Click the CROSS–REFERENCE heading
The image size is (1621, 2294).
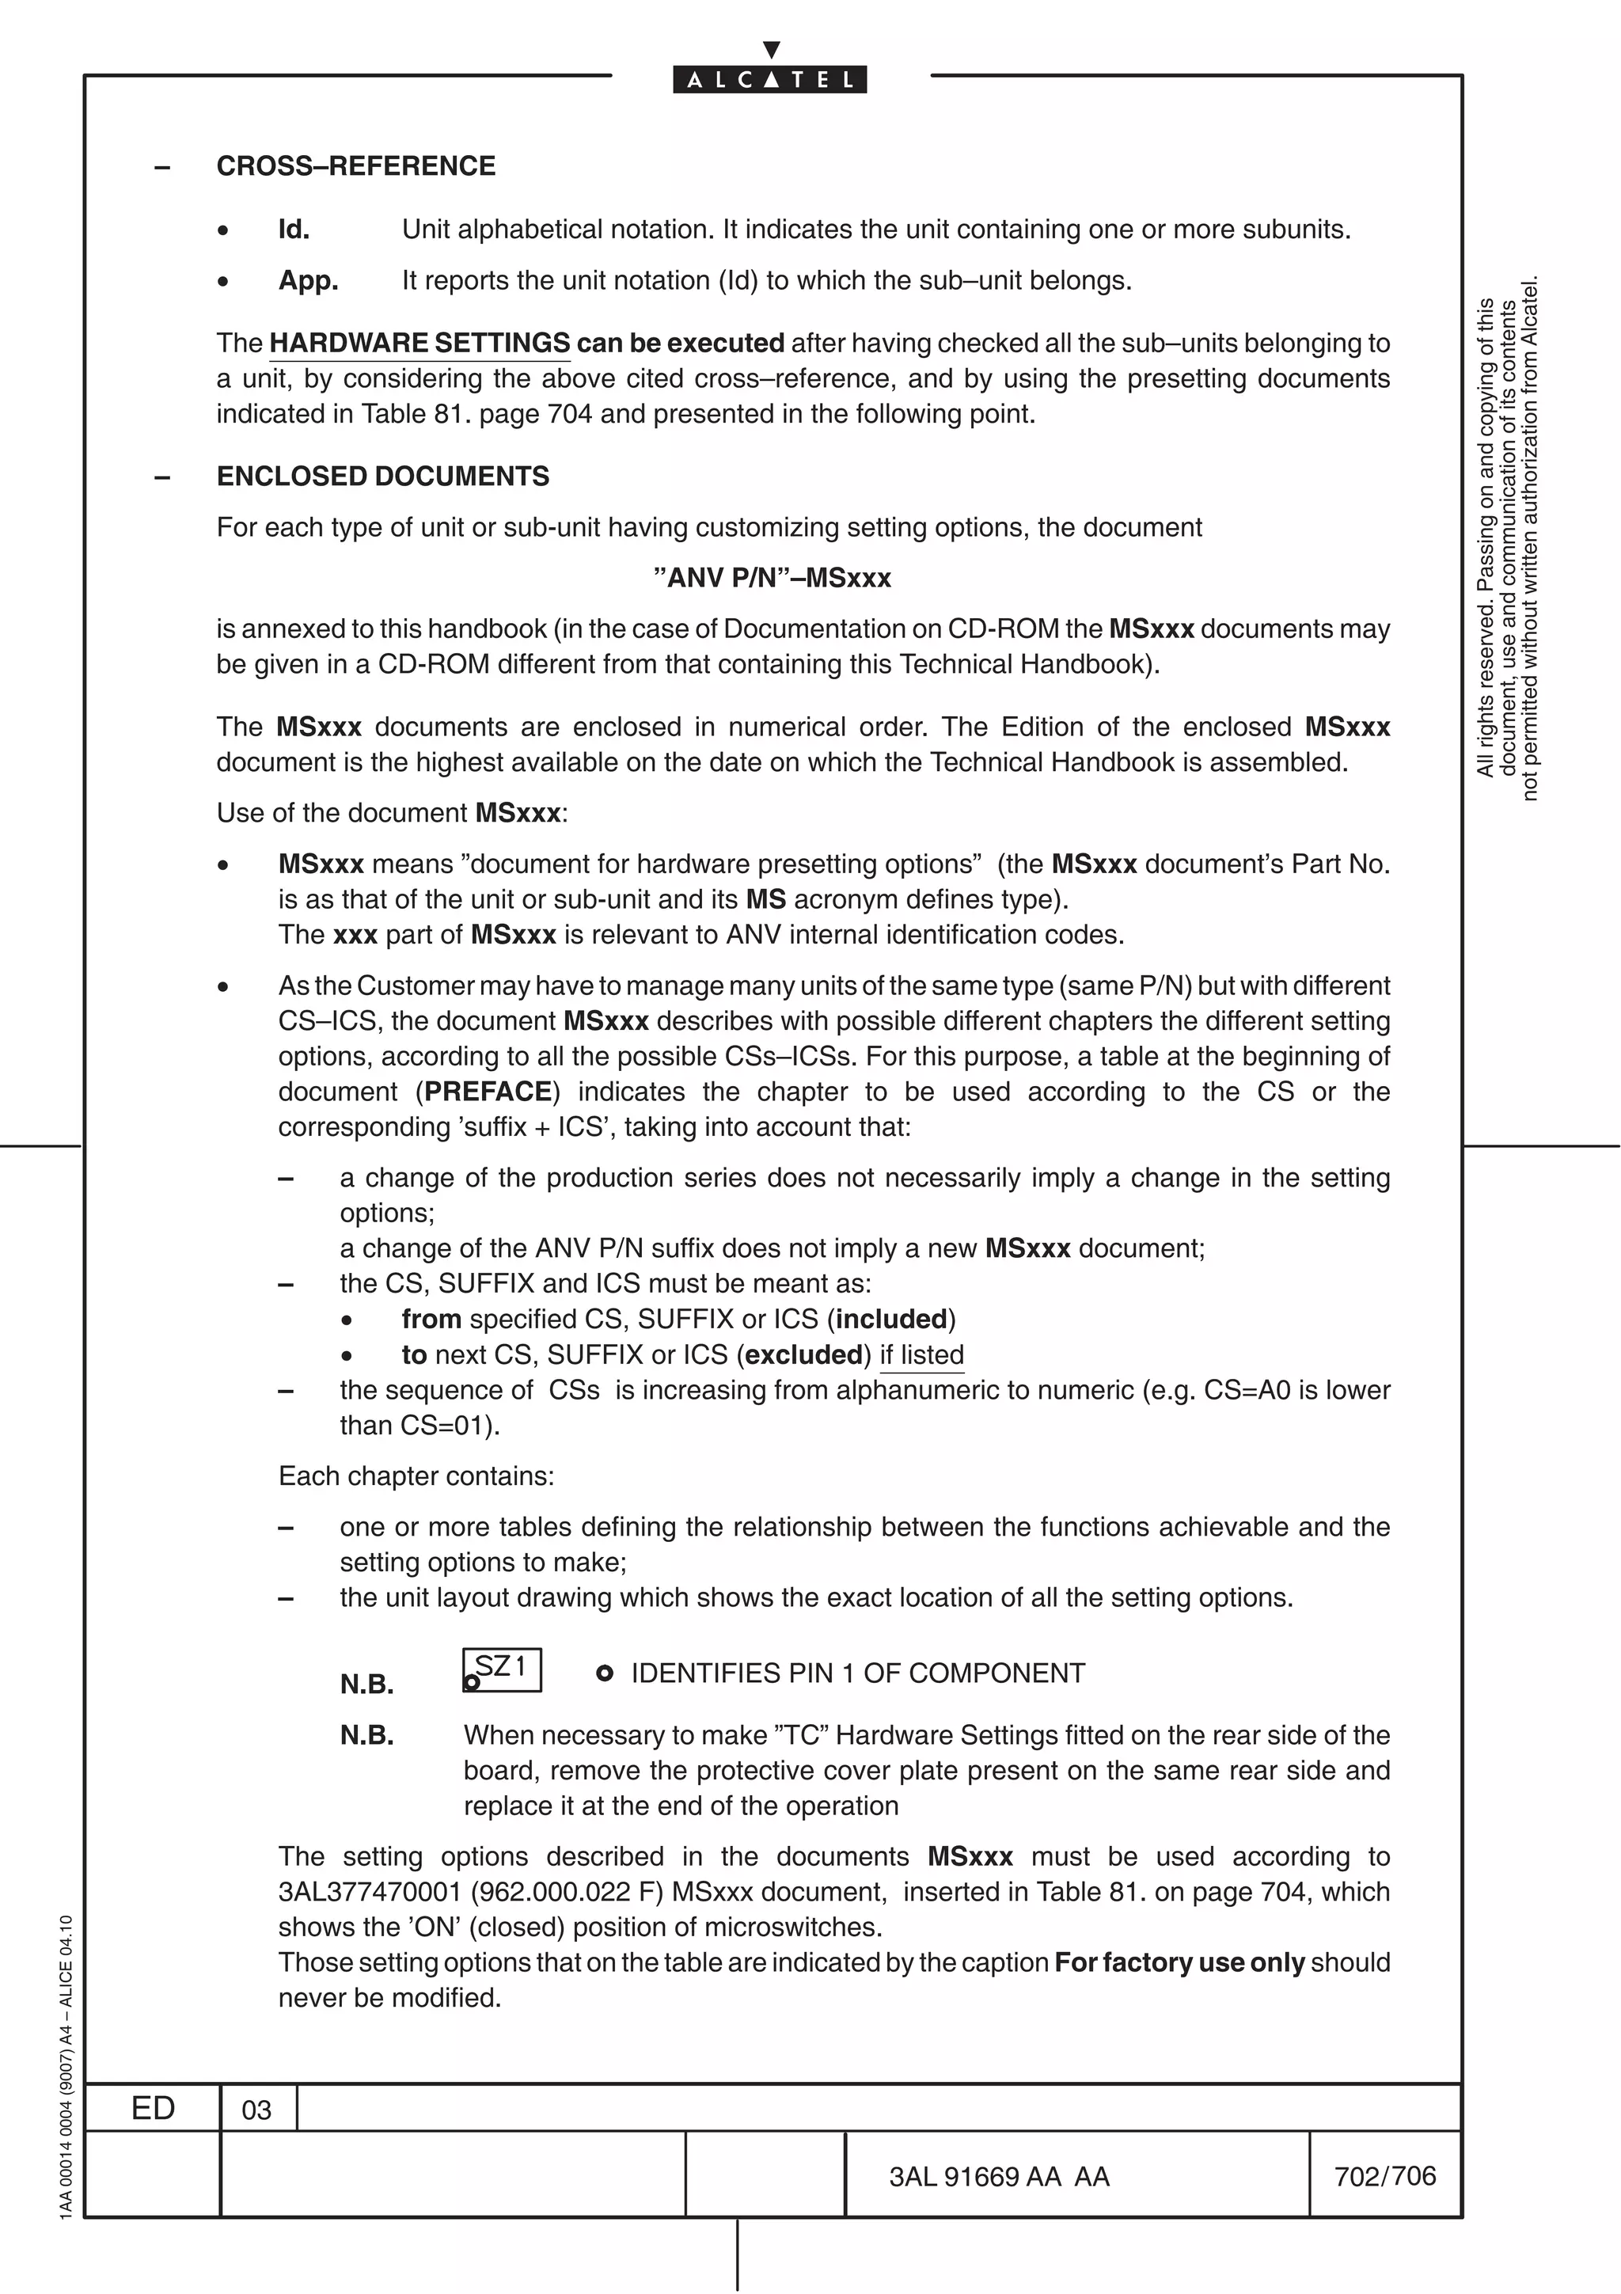point(355,166)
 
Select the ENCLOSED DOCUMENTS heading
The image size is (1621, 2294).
point(382,477)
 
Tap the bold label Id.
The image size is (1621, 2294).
point(294,230)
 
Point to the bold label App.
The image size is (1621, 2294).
point(308,281)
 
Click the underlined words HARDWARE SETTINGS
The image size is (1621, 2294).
point(419,344)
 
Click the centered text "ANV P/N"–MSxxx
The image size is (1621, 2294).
point(771,579)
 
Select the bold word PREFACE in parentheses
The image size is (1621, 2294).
point(488,1091)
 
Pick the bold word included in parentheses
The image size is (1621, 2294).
point(891,1320)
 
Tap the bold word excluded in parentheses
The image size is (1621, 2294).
point(803,1355)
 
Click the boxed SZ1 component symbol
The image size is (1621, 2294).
point(503,1669)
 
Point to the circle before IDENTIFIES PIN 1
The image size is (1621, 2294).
point(603,1673)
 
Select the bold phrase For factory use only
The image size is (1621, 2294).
point(1179,1962)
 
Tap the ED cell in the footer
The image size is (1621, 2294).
point(153,2108)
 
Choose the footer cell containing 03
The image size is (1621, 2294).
point(256,2110)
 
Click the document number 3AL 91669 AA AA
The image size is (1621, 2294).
point(999,2177)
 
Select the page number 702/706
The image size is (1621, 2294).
point(1384,2176)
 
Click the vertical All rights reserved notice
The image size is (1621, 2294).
point(1507,540)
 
